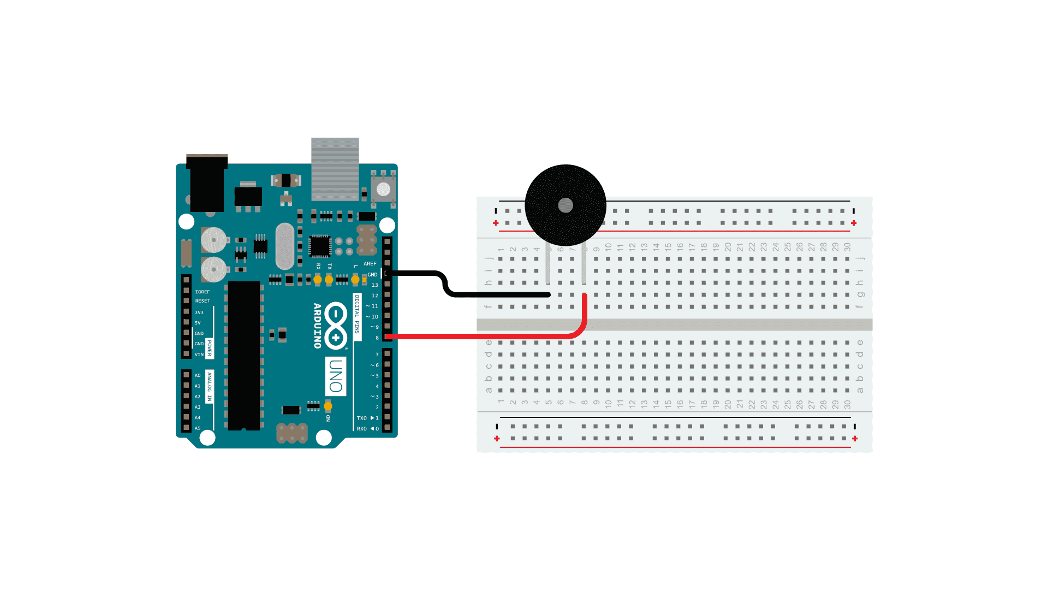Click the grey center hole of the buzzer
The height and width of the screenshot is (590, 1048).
coord(565,205)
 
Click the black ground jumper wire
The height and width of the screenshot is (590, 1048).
coord(491,294)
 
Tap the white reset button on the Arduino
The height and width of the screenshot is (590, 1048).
coord(384,190)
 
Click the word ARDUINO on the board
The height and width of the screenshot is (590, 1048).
coord(317,326)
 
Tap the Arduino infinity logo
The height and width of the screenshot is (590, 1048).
coord(336,326)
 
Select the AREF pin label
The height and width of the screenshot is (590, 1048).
coord(370,264)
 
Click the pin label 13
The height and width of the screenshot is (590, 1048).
coord(375,285)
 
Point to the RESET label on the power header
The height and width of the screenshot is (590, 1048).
coord(203,301)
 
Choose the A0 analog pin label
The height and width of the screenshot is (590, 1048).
coord(198,376)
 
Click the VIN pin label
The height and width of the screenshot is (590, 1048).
coord(199,355)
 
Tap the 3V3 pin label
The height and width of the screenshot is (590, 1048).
coord(199,313)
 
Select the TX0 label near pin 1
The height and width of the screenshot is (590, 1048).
coord(362,418)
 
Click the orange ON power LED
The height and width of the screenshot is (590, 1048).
coord(328,406)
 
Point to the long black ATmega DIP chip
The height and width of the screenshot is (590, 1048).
coord(244,355)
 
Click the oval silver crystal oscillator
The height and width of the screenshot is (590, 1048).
coord(285,246)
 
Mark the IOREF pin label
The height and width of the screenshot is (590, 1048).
coord(203,292)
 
